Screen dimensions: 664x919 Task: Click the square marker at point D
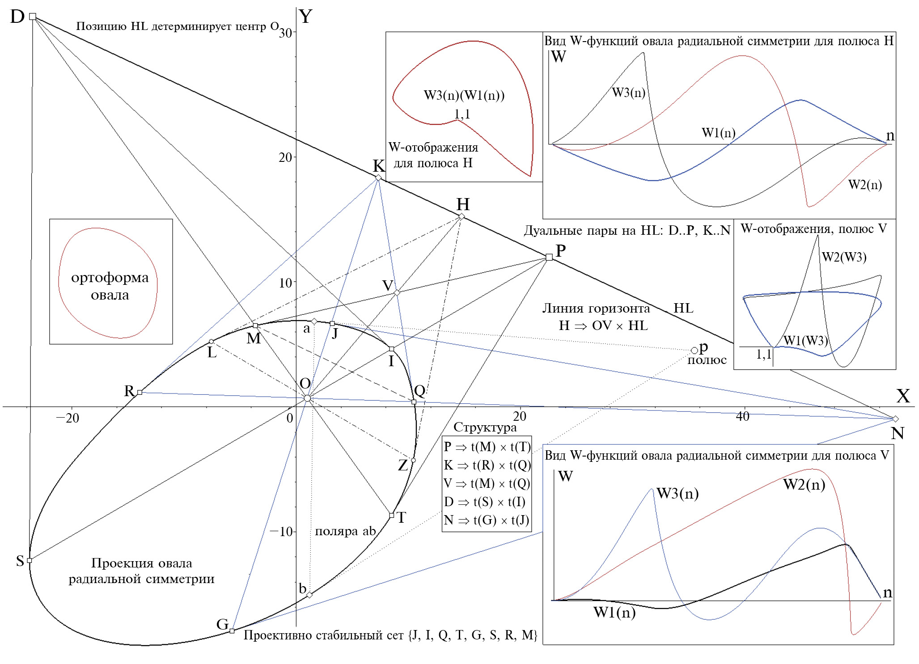click(33, 17)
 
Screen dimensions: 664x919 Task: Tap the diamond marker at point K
click(378, 178)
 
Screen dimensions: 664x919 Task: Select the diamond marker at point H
click(462, 216)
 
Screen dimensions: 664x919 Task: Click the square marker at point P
click(549, 257)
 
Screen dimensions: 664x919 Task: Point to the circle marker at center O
click(307, 398)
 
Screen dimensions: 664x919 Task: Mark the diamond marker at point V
click(396, 292)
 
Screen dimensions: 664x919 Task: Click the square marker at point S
click(30, 560)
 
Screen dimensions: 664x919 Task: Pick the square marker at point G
click(232, 631)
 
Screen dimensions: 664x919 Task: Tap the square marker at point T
click(391, 515)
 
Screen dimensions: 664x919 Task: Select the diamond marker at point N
click(895, 419)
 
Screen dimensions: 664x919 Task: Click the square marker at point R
click(140, 392)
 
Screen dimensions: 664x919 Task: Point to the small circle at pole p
click(694, 351)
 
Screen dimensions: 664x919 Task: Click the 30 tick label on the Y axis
click(285, 33)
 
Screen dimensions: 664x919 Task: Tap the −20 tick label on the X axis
click(67, 419)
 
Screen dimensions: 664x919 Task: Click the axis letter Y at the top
click(305, 17)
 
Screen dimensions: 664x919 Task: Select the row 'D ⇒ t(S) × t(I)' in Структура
click(485, 502)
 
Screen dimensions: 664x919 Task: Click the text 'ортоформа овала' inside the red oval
click(110, 286)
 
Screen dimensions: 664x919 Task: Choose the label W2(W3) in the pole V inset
click(844, 257)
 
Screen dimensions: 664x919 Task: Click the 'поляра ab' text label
click(345, 531)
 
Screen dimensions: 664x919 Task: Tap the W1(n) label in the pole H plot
click(718, 133)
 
